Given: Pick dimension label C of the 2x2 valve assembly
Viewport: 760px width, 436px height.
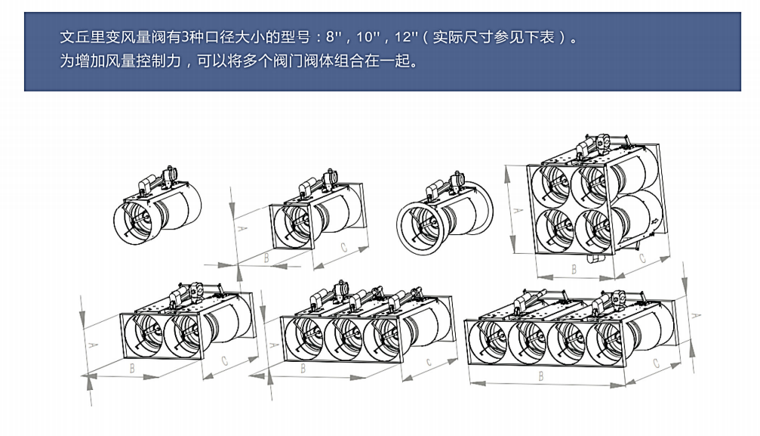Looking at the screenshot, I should click(642, 258).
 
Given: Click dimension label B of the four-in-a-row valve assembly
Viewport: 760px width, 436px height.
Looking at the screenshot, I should click(541, 375).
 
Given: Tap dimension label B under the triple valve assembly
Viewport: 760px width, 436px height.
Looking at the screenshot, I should click(303, 369).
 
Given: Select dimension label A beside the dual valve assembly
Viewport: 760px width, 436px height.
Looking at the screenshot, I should click(93, 344).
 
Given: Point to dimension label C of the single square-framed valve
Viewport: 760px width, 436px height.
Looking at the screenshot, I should click(343, 246).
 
